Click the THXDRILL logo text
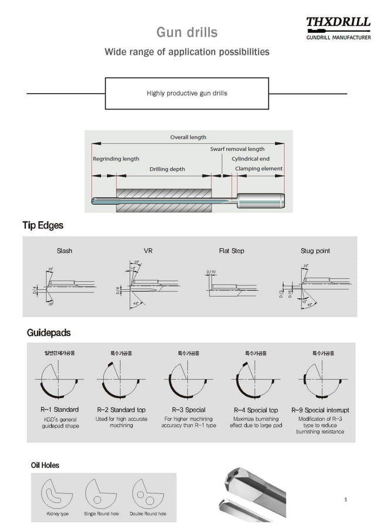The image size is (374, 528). pyautogui.click(x=338, y=23)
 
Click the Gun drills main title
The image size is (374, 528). pyautogui.click(x=186, y=32)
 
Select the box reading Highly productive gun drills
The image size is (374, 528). pyautogui.click(x=186, y=93)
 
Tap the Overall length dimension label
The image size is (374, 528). pyautogui.click(x=188, y=137)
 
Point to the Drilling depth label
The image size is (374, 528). pyautogui.click(x=167, y=169)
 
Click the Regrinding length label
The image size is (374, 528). pyautogui.click(x=116, y=159)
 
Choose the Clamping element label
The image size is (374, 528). pyautogui.click(x=259, y=169)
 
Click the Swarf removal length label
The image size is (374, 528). pyautogui.click(x=237, y=149)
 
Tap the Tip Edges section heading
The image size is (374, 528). pyautogui.click(x=43, y=225)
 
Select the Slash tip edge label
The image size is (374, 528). pyautogui.click(x=64, y=251)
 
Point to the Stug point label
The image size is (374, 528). pyautogui.click(x=315, y=251)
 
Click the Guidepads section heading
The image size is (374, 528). pyautogui.click(x=49, y=332)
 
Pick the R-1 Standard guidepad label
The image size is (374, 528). pyautogui.click(x=60, y=410)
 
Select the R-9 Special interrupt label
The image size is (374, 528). pyautogui.click(x=320, y=410)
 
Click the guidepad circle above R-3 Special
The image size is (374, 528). pyautogui.click(x=188, y=379)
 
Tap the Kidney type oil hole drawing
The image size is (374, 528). pyautogui.click(x=57, y=493)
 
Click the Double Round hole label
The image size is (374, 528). pyautogui.click(x=148, y=513)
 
